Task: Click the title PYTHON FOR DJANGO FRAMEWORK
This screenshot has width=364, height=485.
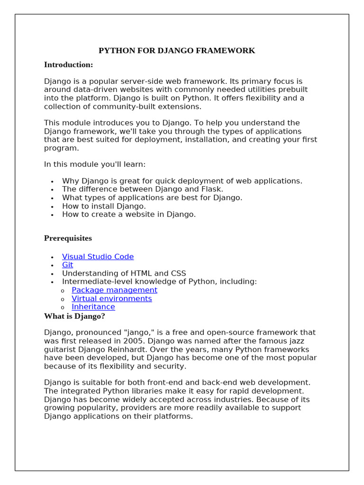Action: click(x=176, y=51)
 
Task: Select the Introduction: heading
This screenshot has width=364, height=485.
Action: click(x=68, y=64)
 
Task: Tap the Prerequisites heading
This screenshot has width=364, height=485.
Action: click(x=68, y=238)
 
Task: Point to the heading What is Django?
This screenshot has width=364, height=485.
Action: click(x=74, y=316)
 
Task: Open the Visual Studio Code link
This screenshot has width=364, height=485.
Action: click(x=98, y=257)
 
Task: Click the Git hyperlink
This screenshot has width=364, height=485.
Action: click(x=67, y=265)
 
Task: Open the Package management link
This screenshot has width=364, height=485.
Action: click(x=114, y=290)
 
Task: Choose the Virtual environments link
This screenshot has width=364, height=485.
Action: click(x=111, y=298)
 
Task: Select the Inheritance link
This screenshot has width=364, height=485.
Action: click(x=93, y=306)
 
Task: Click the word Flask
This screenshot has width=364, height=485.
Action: click(x=212, y=189)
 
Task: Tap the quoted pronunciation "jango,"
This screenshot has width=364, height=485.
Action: click(x=143, y=332)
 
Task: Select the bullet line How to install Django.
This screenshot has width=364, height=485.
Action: click(x=104, y=206)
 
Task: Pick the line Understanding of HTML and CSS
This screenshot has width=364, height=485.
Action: click(x=124, y=273)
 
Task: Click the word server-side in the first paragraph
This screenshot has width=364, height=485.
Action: click(x=146, y=81)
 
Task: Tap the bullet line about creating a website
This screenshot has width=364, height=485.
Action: click(x=128, y=214)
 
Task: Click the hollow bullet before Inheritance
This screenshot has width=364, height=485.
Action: click(x=63, y=307)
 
